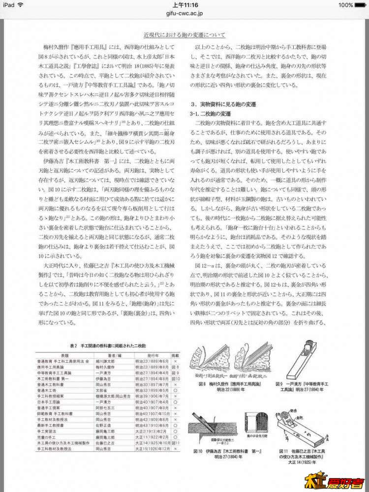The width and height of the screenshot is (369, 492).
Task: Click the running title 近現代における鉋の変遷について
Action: click(x=184, y=35)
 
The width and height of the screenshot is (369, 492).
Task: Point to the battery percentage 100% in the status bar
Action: click(x=346, y=5)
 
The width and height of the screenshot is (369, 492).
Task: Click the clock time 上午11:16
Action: click(x=184, y=5)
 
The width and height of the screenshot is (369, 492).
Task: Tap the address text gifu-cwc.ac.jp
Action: click(x=184, y=15)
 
